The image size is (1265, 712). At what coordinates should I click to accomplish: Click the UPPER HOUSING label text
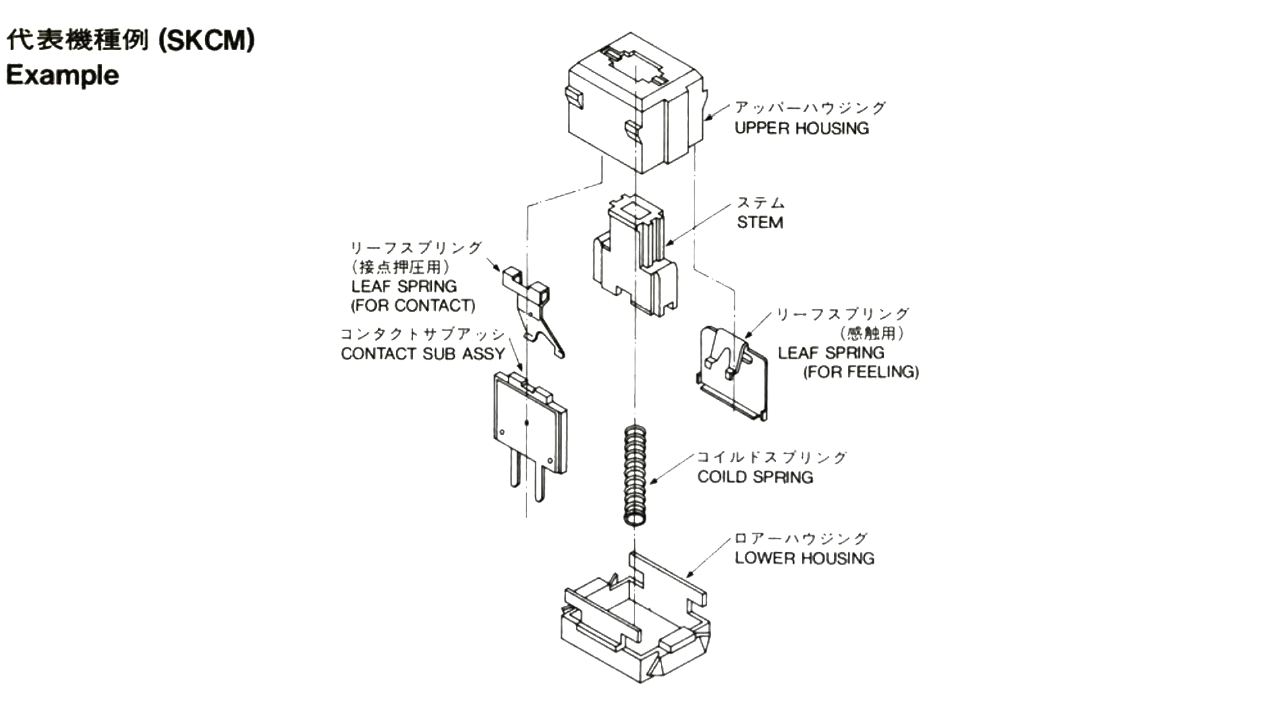801,128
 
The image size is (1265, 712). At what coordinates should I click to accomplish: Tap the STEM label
760,223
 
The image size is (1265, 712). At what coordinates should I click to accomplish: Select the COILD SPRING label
755,477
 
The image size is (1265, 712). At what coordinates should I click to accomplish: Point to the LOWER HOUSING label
804,558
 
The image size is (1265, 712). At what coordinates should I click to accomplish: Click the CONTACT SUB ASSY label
422,354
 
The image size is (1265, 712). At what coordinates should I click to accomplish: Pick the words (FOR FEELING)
860,372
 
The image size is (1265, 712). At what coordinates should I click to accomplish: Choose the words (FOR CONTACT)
413,306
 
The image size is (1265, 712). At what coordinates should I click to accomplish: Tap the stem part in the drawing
634,257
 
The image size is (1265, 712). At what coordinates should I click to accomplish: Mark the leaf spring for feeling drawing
733,372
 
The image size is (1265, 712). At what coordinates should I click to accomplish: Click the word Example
63,75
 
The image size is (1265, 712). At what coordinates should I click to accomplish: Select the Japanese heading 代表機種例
77,42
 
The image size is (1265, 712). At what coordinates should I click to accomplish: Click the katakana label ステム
761,203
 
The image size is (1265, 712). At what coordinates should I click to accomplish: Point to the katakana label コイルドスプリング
772,458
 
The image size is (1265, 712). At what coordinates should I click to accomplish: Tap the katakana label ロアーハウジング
801,539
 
